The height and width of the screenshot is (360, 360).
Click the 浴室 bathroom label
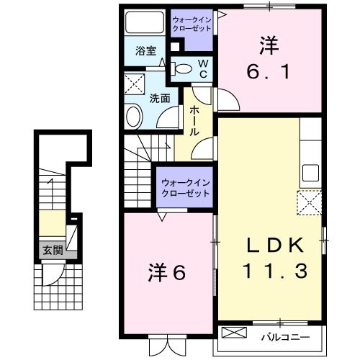tap(146, 50)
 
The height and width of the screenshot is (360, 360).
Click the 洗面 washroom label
tap(159, 98)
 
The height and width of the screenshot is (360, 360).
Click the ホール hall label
tap(194, 122)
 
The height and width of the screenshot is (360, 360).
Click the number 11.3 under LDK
tap(270, 271)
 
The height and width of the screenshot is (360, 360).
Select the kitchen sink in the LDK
tap(310, 173)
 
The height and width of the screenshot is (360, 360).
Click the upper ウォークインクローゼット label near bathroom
tap(192, 24)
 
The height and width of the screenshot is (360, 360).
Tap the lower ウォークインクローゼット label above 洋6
tap(185, 188)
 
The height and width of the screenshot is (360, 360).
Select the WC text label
tap(203, 69)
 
